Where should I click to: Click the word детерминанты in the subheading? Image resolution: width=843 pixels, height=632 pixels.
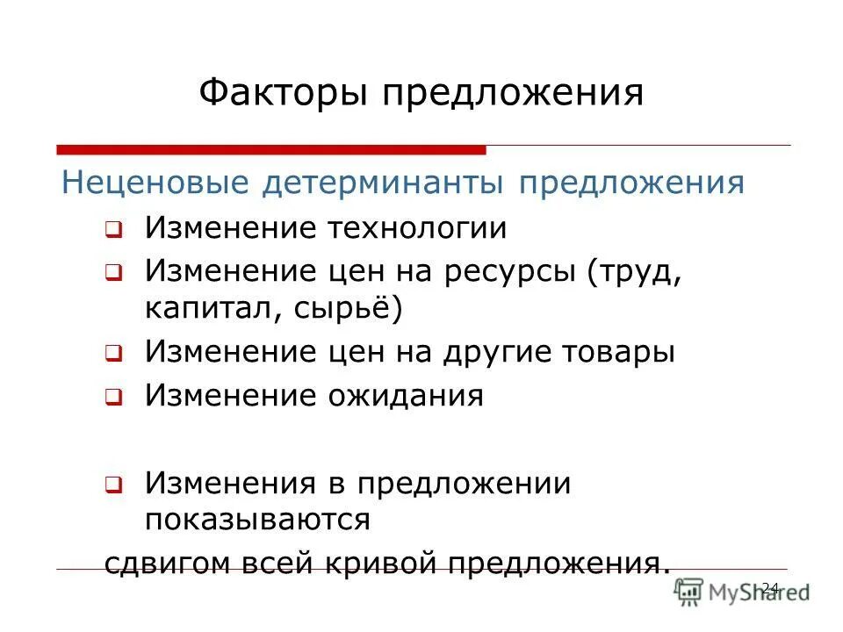click(385, 183)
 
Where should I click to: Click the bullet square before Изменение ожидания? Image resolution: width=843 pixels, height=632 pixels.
click(112, 398)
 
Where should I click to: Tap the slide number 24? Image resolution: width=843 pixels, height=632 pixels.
click(770, 588)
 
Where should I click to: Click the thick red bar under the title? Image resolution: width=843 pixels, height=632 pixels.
click(271, 149)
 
